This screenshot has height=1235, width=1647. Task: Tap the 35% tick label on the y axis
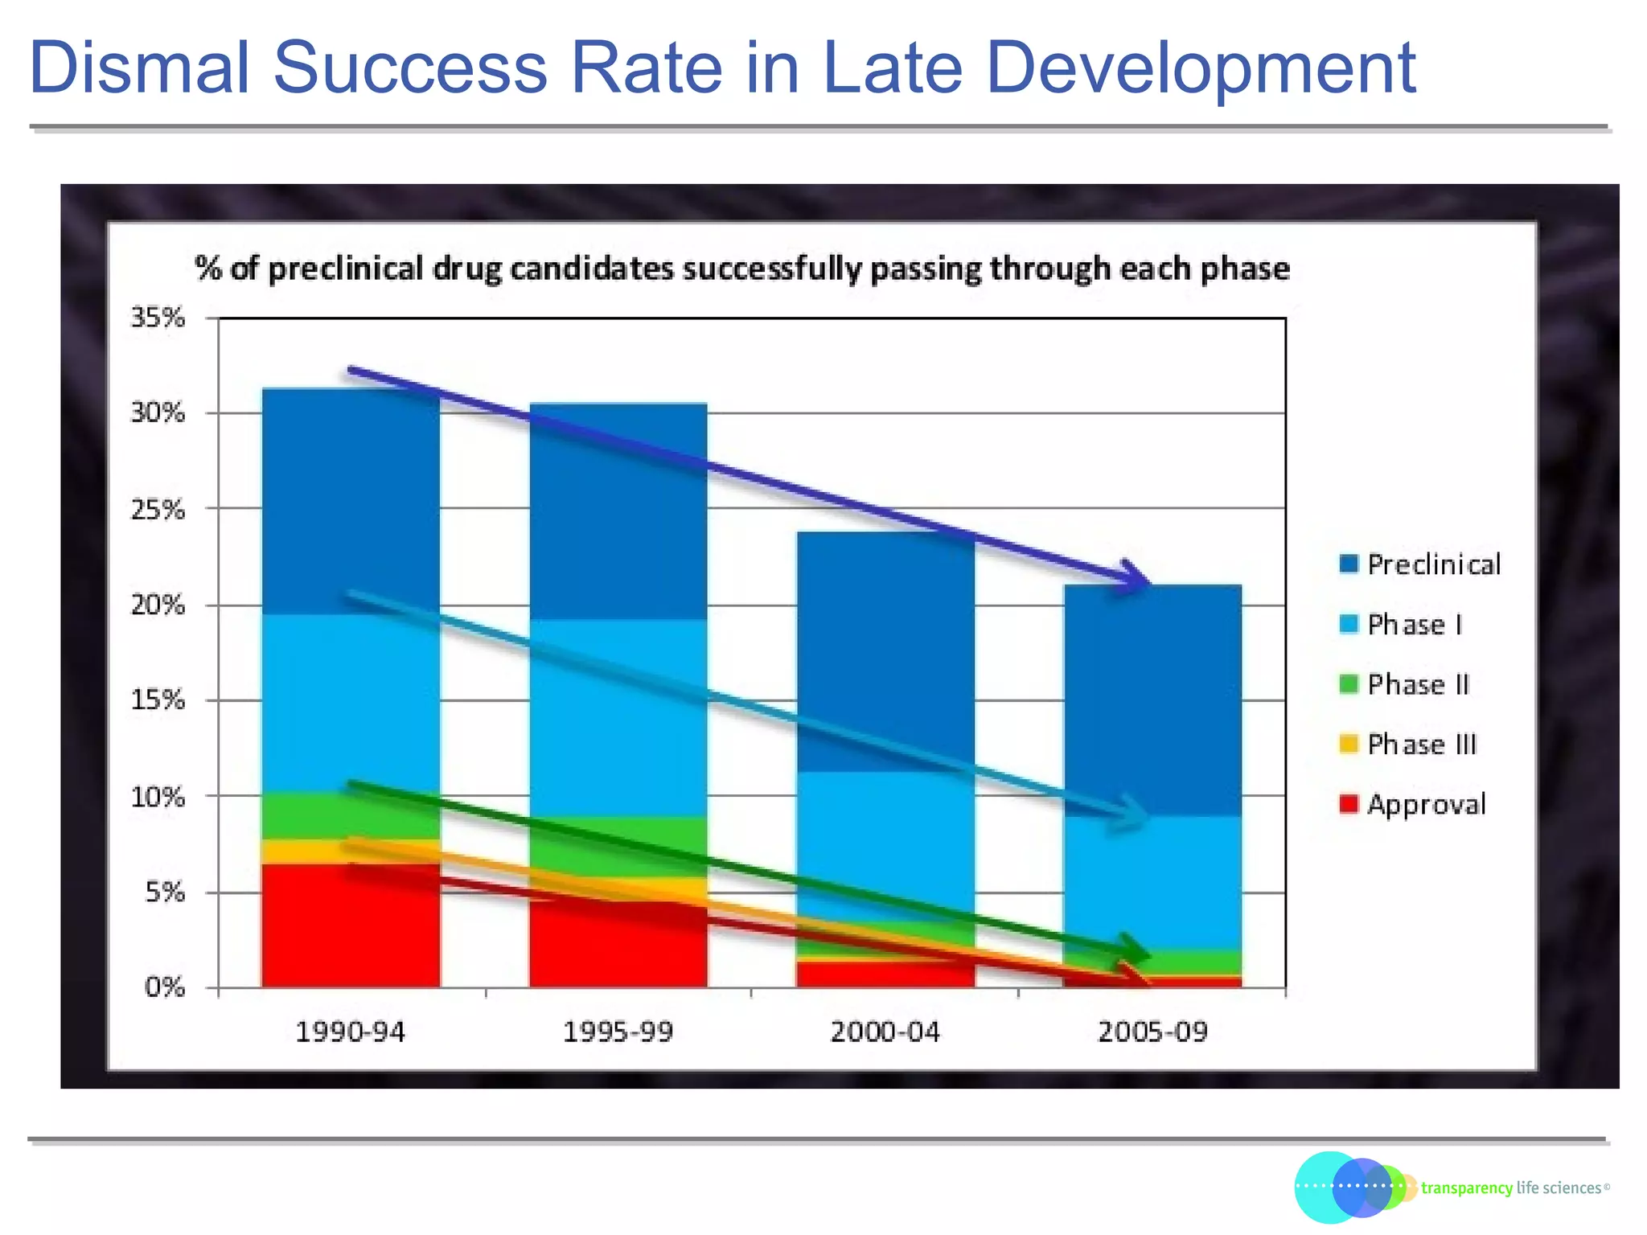click(158, 318)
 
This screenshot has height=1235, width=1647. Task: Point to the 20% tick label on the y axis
click(158, 605)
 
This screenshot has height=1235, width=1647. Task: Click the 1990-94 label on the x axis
click(350, 1032)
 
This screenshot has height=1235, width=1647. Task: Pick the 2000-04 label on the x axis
click(885, 1032)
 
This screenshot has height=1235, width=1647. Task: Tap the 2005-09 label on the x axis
click(1152, 1032)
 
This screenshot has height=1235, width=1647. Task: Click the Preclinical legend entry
click(1433, 564)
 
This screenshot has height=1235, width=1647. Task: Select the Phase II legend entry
click(1418, 684)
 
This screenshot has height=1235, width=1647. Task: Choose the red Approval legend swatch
click(1349, 803)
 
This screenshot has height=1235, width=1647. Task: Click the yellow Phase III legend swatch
click(1349, 744)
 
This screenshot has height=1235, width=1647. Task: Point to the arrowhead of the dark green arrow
click(1136, 950)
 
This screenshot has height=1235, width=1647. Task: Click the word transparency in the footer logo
click(1466, 1188)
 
